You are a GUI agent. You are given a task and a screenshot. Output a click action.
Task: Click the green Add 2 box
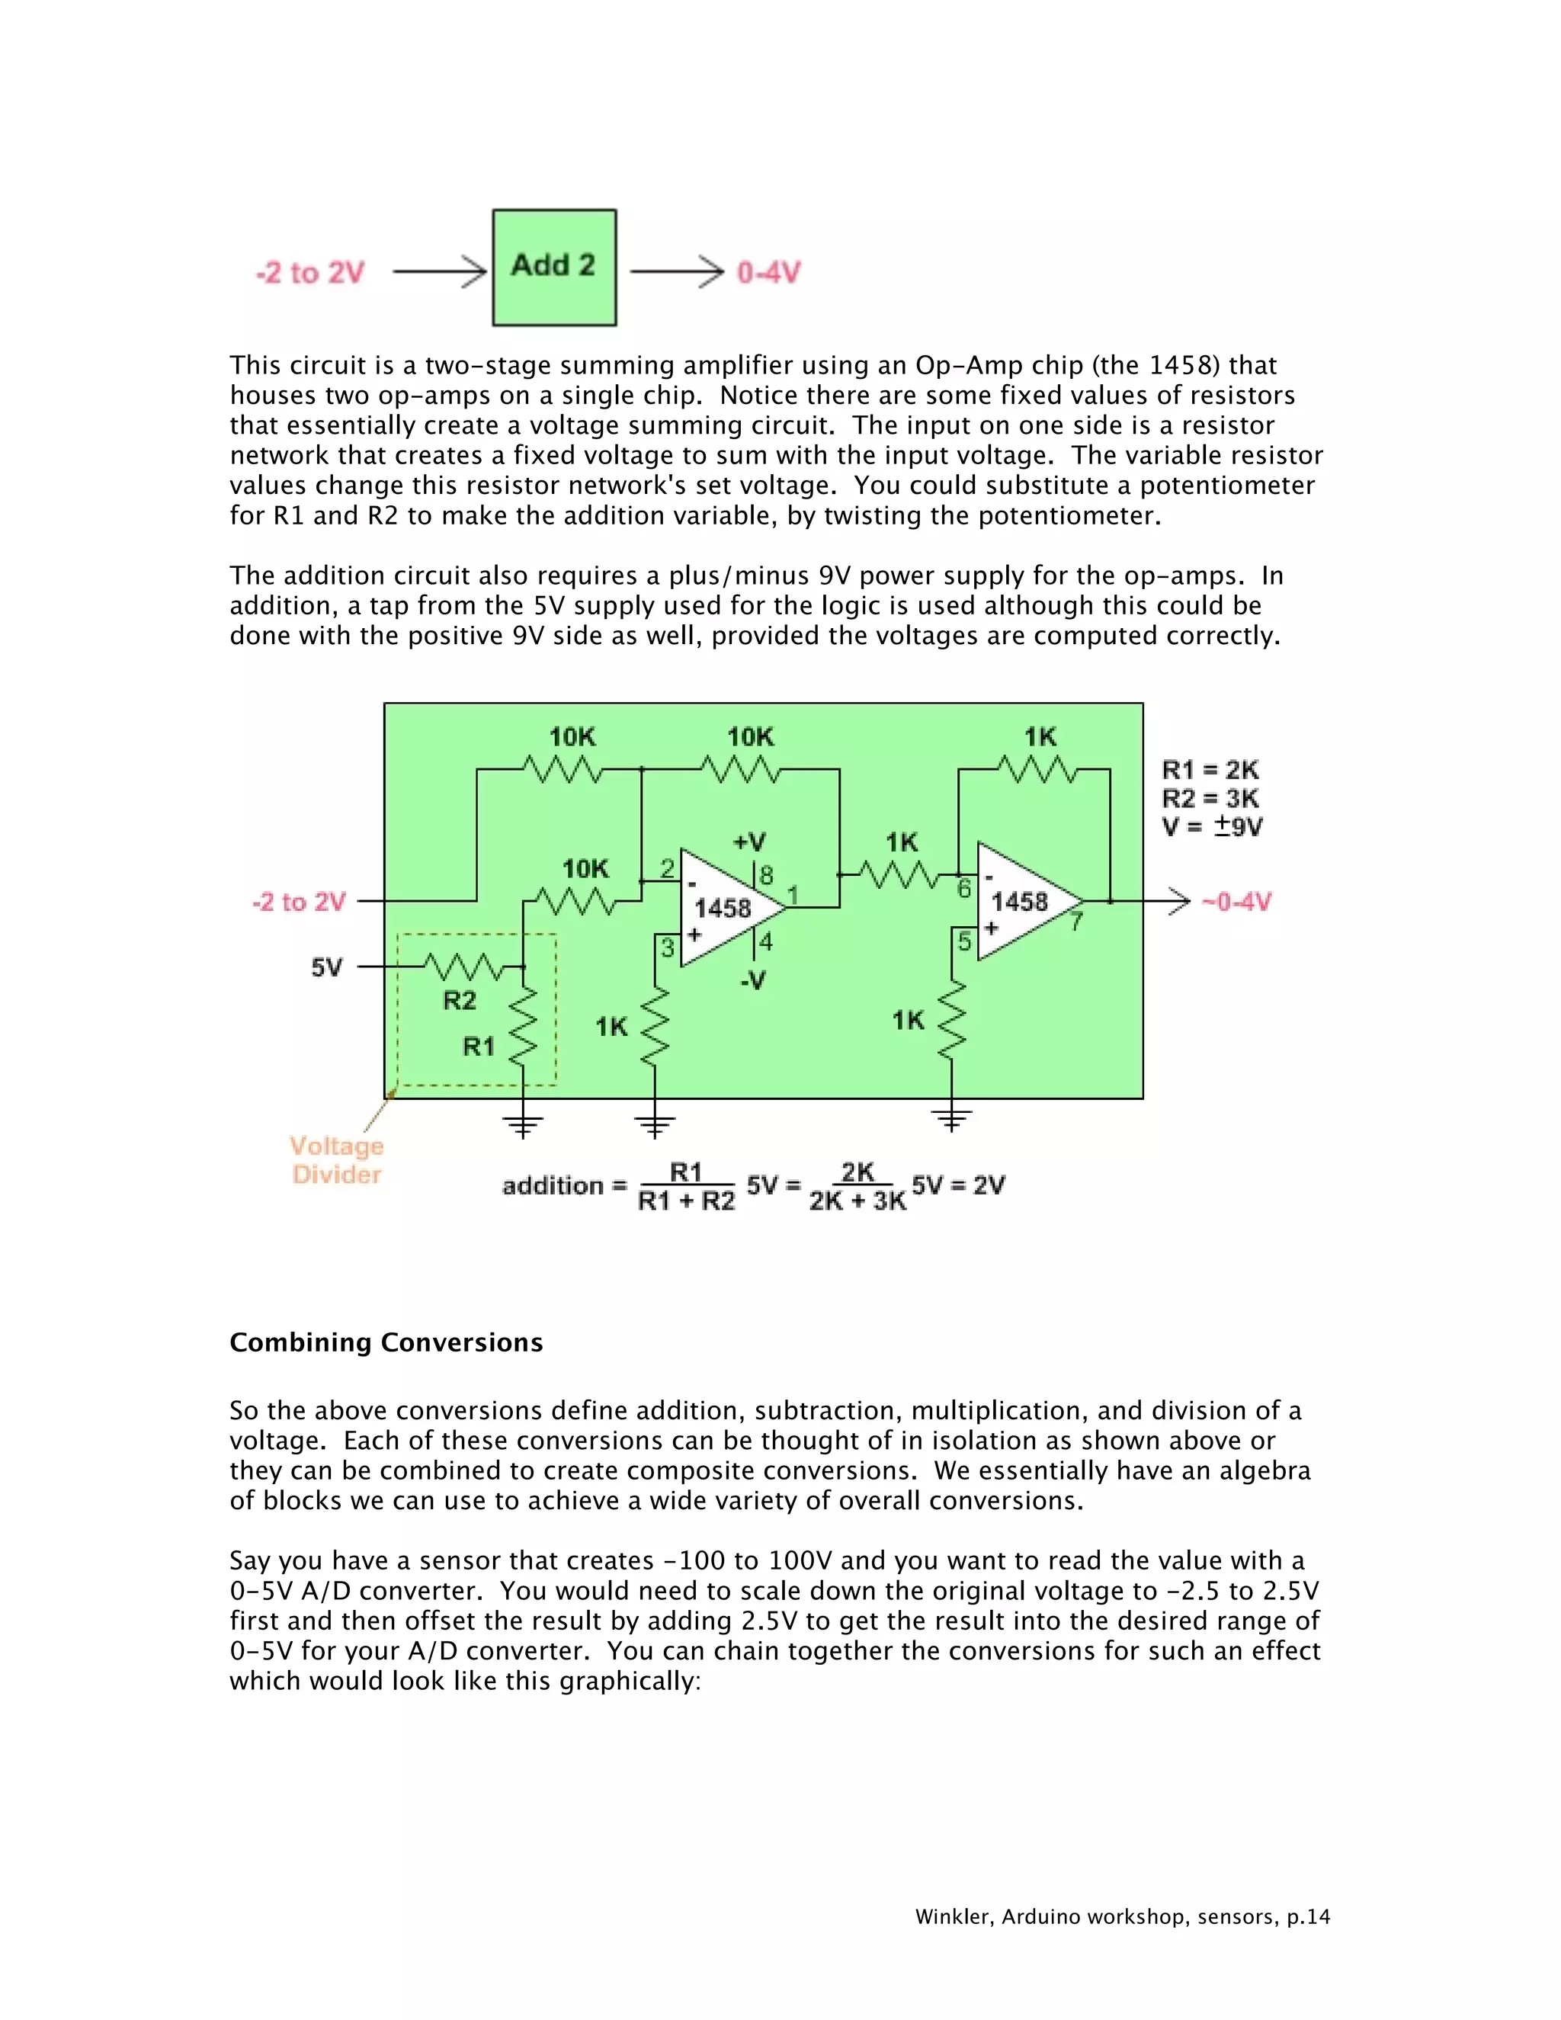click(x=554, y=268)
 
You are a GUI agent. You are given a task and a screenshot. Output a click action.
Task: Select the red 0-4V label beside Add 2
click(x=768, y=273)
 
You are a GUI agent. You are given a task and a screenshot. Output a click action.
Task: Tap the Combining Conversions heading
click(x=386, y=1342)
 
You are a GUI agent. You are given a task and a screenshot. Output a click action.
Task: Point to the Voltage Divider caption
click(x=337, y=1160)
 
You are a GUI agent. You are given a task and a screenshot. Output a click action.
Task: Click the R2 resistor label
click(x=460, y=1000)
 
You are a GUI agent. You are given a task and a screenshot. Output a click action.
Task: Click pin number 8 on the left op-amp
click(x=766, y=875)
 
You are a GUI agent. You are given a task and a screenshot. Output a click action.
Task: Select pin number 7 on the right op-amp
click(x=1076, y=922)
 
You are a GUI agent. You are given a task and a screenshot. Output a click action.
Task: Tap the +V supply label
click(x=749, y=842)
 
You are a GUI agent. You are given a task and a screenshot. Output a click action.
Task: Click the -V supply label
click(x=753, y=980)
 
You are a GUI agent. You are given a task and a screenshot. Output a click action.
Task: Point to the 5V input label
click(x=326, y=967)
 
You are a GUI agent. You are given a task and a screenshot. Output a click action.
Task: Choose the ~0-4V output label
click(x=1236, y=902)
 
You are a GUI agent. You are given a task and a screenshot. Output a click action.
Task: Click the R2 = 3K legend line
click(x=1210, y=798)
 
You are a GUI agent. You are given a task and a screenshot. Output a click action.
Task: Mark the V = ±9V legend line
click(x=1211, y=827)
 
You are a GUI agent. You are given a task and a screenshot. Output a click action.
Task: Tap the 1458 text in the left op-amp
click(x=723, y=909)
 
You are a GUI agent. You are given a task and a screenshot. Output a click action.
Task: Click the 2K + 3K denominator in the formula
click(x=857, y=1201)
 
